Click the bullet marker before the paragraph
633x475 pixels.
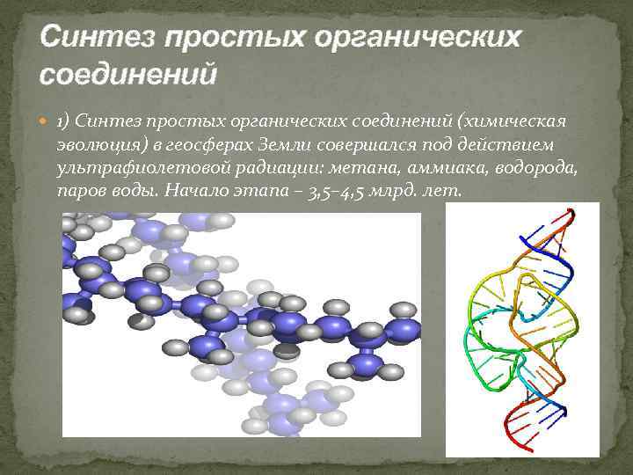tap(46, 121)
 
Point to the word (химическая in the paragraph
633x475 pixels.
tap(509, 120)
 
